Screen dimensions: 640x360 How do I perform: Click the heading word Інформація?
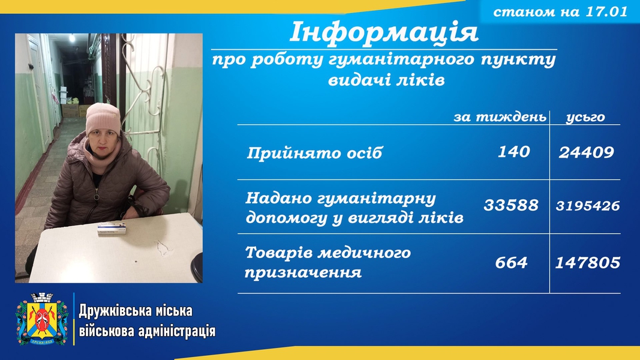384,32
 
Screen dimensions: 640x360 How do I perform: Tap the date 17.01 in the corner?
607,11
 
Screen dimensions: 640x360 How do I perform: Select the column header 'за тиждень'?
500,117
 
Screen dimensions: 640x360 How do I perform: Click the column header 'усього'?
585,118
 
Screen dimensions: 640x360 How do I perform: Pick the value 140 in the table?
514,152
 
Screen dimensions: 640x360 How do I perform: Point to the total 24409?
586,152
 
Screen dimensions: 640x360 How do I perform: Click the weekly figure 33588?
511,205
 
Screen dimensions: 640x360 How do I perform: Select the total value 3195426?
588,205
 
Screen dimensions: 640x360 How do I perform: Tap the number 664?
512,262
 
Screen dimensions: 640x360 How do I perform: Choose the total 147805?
588,262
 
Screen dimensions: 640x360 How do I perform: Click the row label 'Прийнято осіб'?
314,153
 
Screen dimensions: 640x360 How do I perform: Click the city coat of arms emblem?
42,319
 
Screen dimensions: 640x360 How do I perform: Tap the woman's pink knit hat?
103,118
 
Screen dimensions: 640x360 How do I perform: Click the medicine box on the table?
112,228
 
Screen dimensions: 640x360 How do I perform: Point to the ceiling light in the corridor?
72,38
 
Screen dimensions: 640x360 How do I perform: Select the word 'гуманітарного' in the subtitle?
402,60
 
